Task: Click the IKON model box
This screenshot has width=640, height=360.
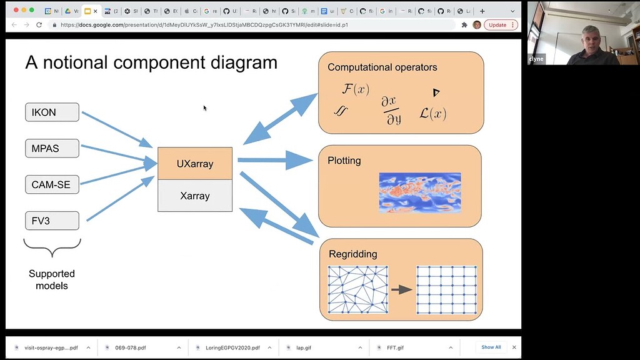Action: click(52, 112)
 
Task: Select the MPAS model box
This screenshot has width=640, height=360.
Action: click(52, 149)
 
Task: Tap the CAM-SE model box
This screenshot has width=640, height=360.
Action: click(52, 185)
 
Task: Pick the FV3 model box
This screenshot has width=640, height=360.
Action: click(52, 221)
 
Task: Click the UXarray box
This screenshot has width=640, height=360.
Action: click(195, 164)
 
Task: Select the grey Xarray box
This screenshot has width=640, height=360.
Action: click(195, 196)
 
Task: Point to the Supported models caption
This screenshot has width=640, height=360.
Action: click(52, 279)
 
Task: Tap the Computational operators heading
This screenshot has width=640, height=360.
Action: click(382, 67)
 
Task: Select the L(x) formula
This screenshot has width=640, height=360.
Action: click(432, 114)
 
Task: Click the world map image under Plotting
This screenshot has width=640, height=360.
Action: click(419, 192)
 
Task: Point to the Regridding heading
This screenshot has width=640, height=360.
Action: click(352, 254)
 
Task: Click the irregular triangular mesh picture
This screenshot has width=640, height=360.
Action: click(357, 289)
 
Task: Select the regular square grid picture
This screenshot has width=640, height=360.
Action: click(446, 289)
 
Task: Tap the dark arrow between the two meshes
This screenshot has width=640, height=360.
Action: click(401, 289)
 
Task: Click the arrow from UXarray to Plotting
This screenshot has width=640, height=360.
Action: click(275, 161)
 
